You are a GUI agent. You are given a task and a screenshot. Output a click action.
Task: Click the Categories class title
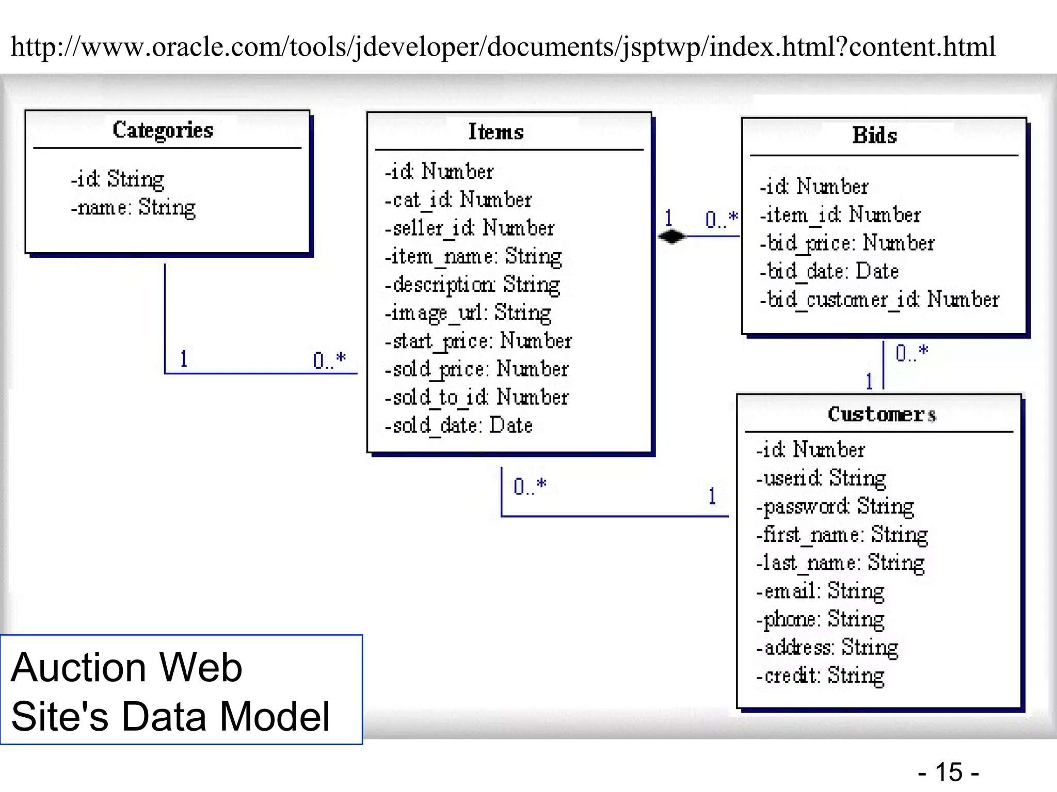(163, 130)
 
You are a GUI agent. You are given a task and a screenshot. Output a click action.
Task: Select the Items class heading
(495, 132)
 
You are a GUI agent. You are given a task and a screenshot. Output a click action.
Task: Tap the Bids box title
(874, 136)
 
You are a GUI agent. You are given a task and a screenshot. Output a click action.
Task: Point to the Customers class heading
(882, 415)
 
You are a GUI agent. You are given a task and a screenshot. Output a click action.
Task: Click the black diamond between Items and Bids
(671, 237)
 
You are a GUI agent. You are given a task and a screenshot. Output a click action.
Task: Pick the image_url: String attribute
(468, 313)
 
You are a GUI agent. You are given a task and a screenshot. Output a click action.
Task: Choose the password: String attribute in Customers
(835, 507)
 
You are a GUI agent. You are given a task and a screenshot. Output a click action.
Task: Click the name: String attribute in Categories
(133, 208)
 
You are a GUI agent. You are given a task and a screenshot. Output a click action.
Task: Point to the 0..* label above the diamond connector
(721, 219)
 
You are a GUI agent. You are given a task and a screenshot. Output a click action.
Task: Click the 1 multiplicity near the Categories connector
(183, 359)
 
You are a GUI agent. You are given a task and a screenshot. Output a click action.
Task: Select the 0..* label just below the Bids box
(911, 353)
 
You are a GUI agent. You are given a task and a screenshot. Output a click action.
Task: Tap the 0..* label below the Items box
(530, 486)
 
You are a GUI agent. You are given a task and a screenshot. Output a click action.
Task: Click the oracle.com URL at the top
(503, 47)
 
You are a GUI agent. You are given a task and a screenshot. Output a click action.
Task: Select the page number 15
(949, 772)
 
